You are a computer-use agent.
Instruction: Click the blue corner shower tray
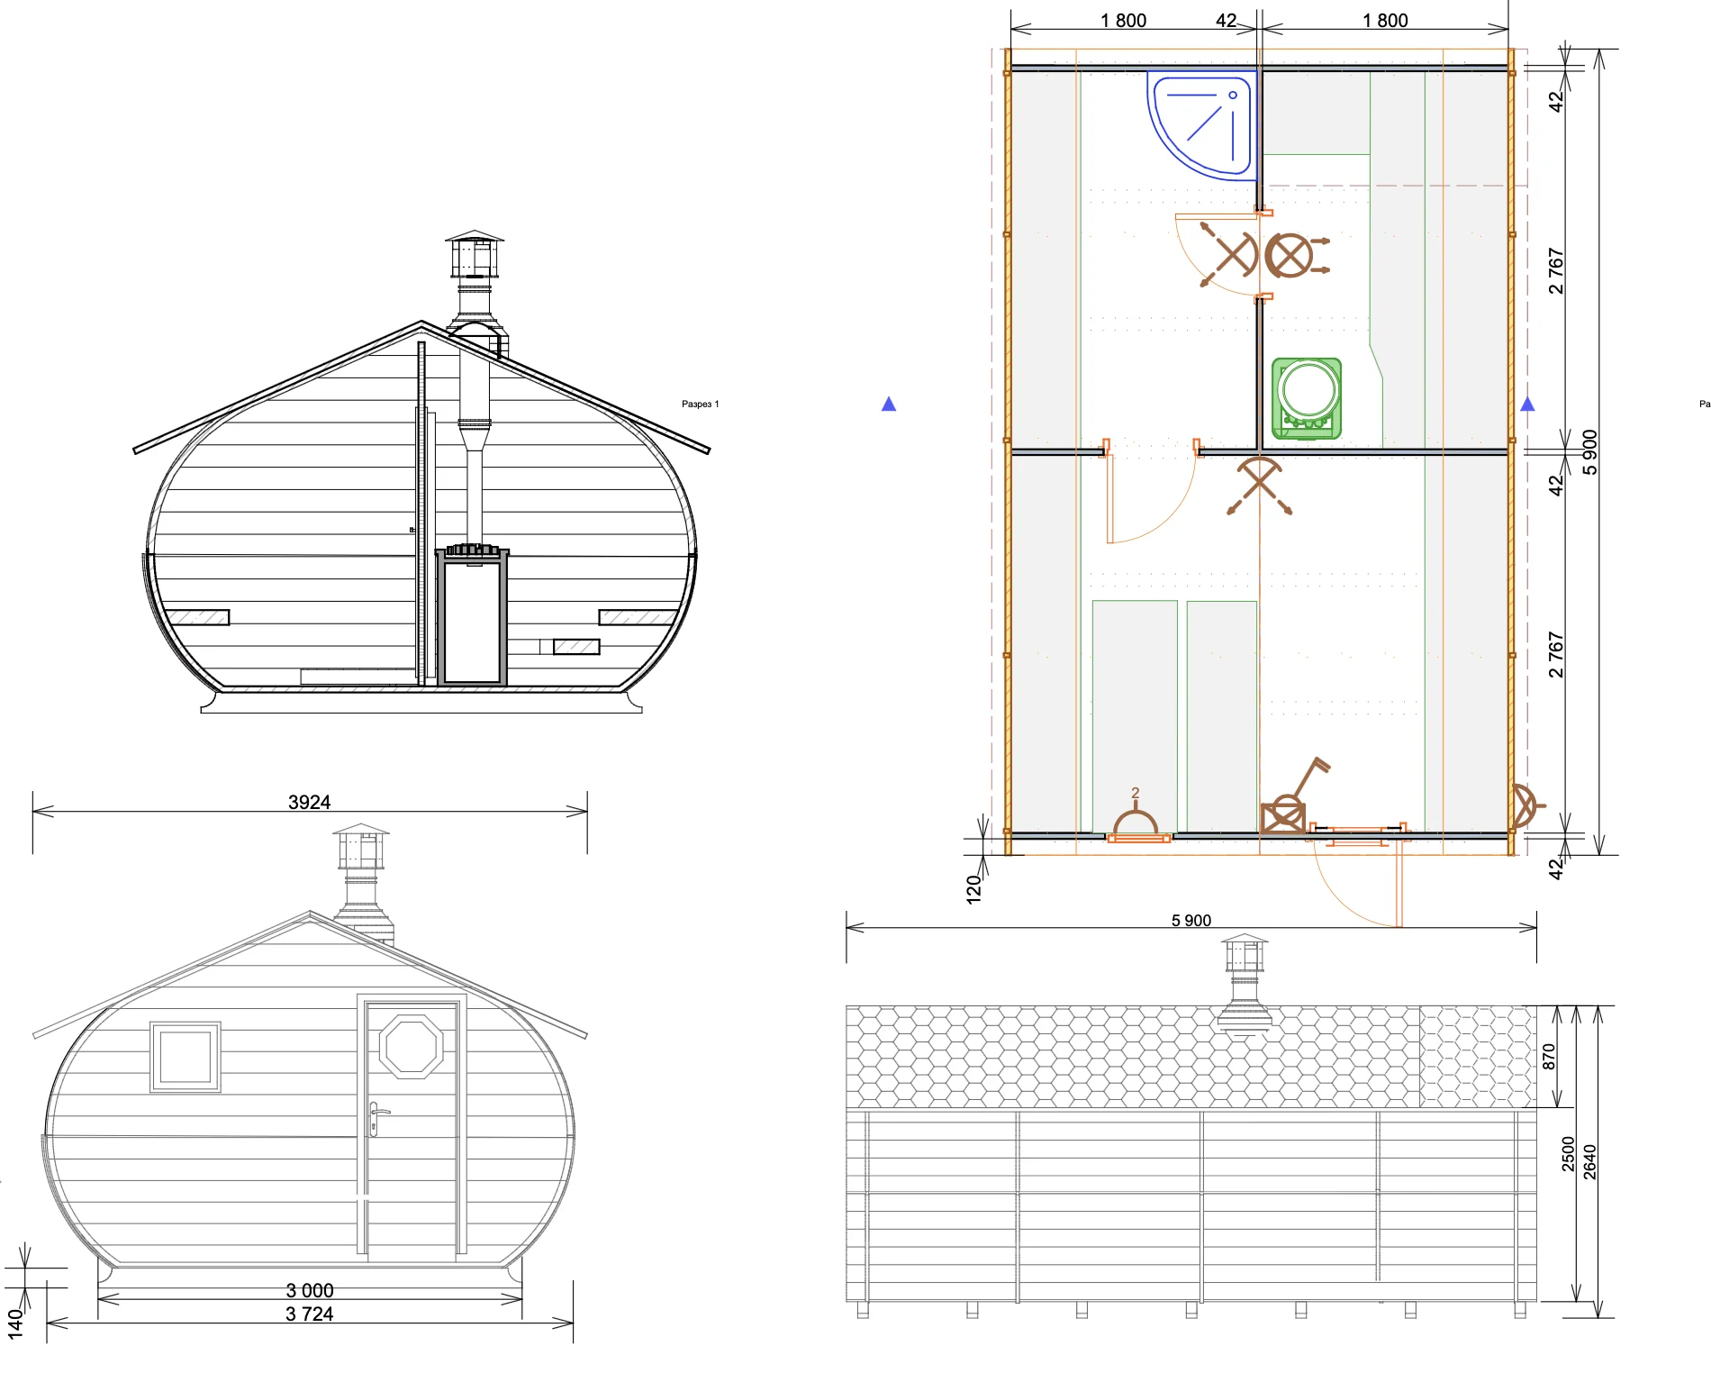(x=1201, y=125)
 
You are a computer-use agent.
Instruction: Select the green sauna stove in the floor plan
(x=1307, y=398)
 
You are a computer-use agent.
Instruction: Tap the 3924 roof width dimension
(x=309, y=802)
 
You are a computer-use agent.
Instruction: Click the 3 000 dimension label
(x=310, y=1290)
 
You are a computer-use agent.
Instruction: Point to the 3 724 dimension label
(x=309, y=1314)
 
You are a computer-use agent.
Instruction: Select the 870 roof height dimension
(x=1549, y=1056)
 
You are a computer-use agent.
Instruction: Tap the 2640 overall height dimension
(x=1589, y=1161)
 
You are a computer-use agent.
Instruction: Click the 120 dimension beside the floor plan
(x=973, y=888)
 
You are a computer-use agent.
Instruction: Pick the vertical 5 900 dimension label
(x=1589, y=452)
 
